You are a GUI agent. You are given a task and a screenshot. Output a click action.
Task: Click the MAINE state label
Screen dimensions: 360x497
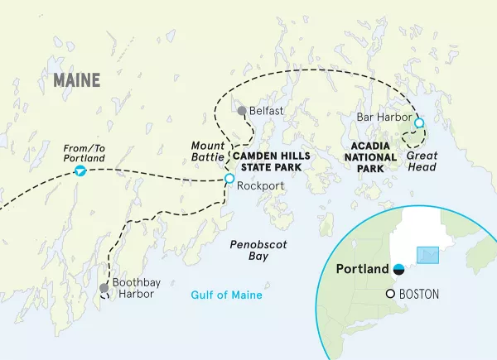(x=75, y=80)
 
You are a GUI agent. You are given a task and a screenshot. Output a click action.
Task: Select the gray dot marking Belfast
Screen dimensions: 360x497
(x=241, y=111)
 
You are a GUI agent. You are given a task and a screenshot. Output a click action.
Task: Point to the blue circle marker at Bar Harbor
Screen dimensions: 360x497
(x=418, y=122)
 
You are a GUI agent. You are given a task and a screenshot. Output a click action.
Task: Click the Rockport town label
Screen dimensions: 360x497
(x=260, y=186)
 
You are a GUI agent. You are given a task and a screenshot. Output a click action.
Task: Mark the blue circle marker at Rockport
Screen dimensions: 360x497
(x=229, y=178)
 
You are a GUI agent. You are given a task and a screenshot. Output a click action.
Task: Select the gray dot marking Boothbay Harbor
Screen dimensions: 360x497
(x=104, y=288)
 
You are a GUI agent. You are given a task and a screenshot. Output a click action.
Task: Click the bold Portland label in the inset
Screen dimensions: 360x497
(x=362, y=269)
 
